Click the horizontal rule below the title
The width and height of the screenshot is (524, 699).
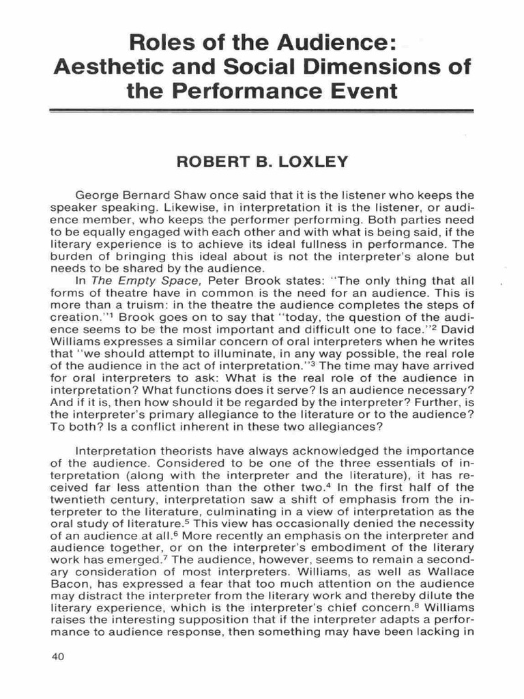click(262, 109)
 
